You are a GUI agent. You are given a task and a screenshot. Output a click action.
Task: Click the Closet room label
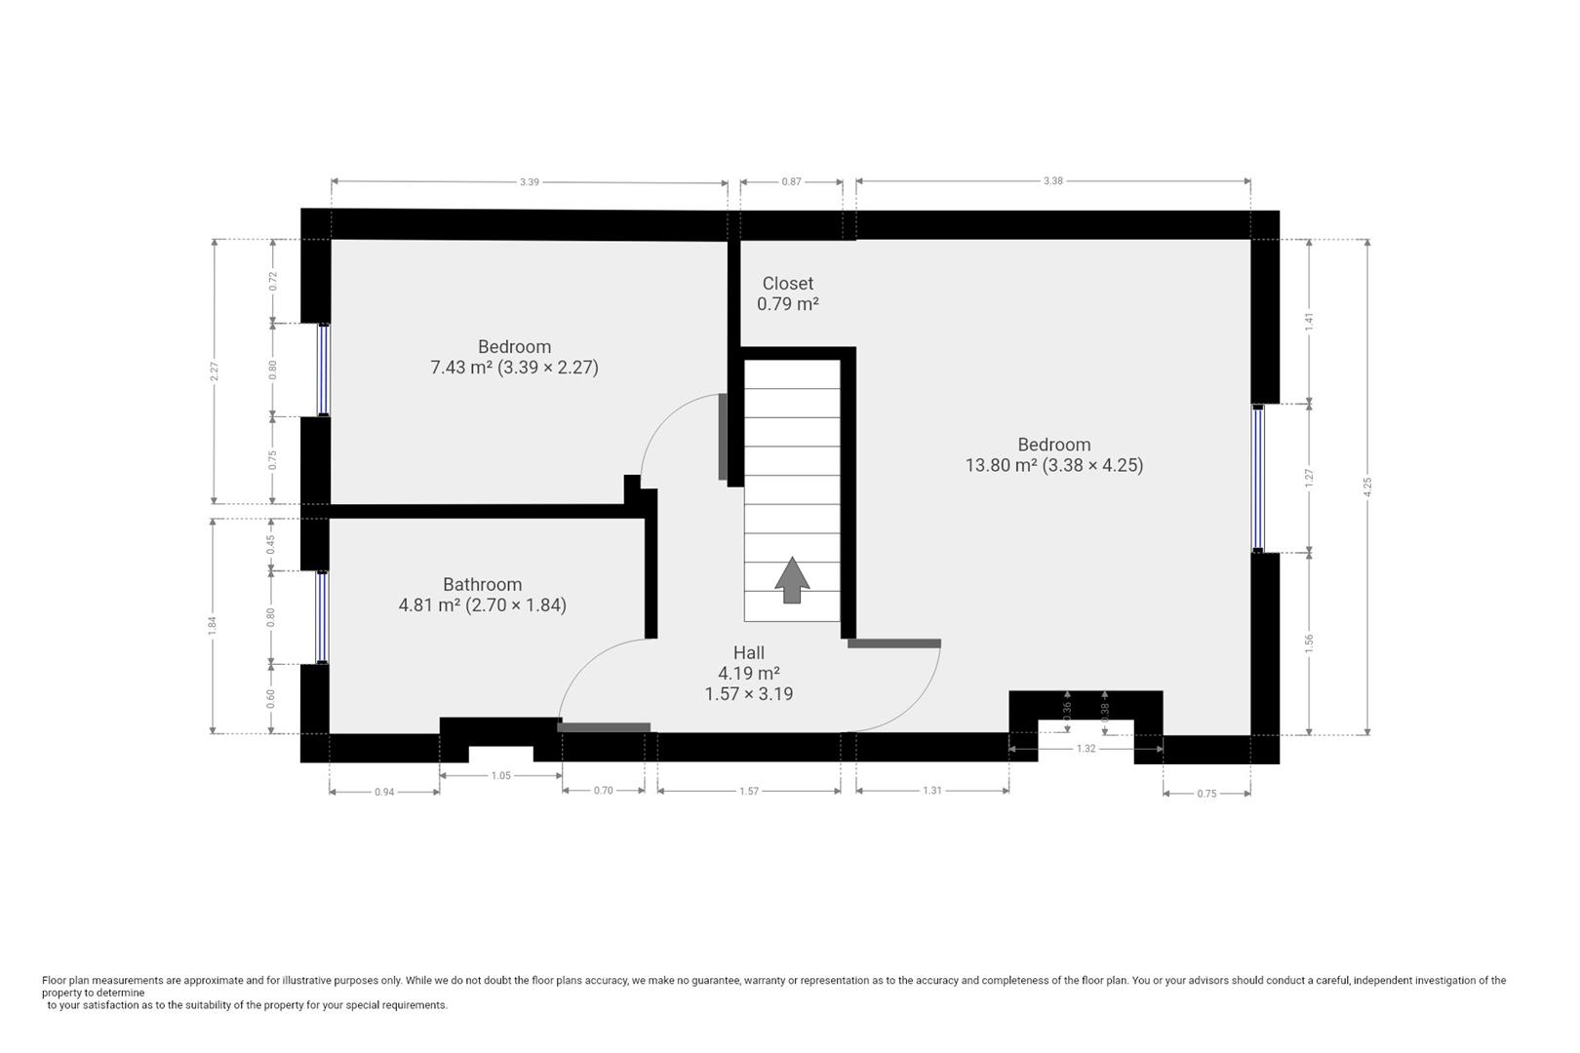[x=787, y=284]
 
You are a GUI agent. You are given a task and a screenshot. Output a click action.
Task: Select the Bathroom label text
[x=482, y=584]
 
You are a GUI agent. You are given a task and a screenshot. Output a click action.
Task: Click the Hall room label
[x=749, y=652]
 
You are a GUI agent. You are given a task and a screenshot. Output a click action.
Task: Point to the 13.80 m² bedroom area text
[x=1053, y=465]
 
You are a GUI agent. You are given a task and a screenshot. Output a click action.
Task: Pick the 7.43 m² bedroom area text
[x=514, y=368]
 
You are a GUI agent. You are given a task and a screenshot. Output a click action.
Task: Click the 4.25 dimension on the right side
[x=1367, y=487]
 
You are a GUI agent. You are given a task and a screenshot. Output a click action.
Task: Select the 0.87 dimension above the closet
[x=791, y=181]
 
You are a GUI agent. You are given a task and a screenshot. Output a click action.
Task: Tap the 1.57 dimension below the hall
[x=748, y=791]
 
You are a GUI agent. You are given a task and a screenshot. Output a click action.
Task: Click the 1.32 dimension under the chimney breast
[x=1086, y=749]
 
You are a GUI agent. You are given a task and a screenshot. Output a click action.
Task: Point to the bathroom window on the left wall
[x=322, y=617]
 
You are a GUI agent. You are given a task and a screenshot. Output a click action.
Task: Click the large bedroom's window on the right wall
[x=1258, y=479]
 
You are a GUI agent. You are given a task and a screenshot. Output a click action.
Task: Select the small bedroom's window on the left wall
[x=323, y=370]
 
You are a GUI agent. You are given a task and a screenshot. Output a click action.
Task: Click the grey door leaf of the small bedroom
[x=723, y=437]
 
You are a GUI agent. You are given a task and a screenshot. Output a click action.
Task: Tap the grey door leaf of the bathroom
[x=604, y=727]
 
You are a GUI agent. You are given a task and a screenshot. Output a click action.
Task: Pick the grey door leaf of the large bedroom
[x=893, y=643]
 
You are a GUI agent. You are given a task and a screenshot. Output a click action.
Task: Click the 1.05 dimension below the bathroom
[x=500, y=775]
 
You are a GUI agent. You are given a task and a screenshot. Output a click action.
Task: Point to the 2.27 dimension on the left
[x=215, y=371]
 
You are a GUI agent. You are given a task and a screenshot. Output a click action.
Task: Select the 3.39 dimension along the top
[x=529, y=181]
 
